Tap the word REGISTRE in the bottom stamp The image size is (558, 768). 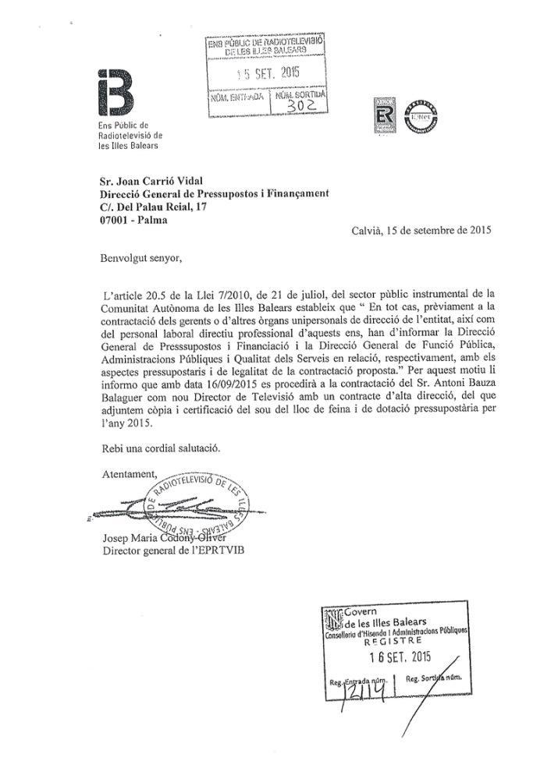pos(394,643)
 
